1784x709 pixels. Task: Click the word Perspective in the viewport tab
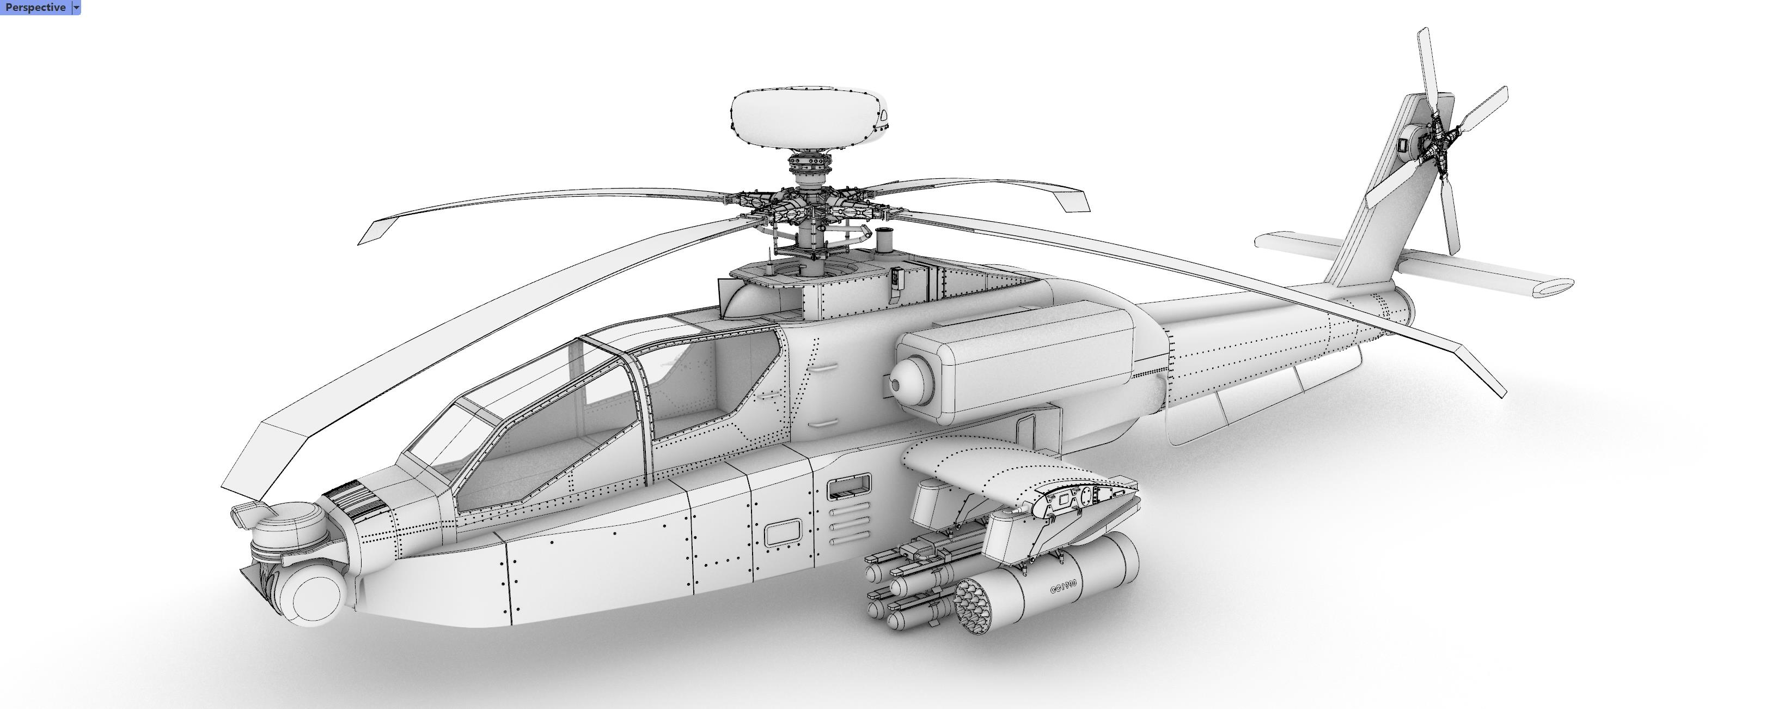tap(35, 8)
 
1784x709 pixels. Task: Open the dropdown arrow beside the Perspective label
tap(76, 8)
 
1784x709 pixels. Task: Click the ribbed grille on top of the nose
tap(357, 499)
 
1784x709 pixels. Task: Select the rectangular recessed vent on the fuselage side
tap(849, 487)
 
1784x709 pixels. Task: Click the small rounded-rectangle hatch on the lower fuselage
tap(783, 532)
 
